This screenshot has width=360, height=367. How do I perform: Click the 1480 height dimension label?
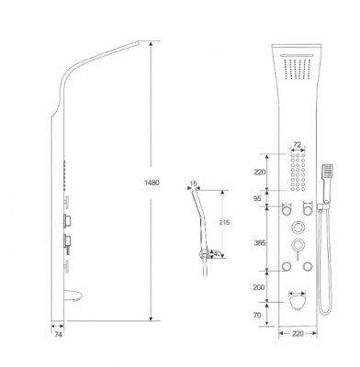[152, 183]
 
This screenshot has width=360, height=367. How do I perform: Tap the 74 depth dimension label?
[58, 335]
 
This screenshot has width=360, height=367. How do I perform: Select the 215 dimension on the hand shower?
[224, 222]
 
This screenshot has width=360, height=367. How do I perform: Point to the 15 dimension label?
[193, 183]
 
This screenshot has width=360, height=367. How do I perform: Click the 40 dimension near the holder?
[217, 253]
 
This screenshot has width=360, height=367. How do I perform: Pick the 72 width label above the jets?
[298, 144]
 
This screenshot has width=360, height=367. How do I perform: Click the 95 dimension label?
[257, 199]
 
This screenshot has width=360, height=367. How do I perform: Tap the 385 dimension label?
[260, 243]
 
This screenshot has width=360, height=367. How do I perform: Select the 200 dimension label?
[259, 287]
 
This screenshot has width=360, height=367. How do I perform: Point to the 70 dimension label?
[257, 315]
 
